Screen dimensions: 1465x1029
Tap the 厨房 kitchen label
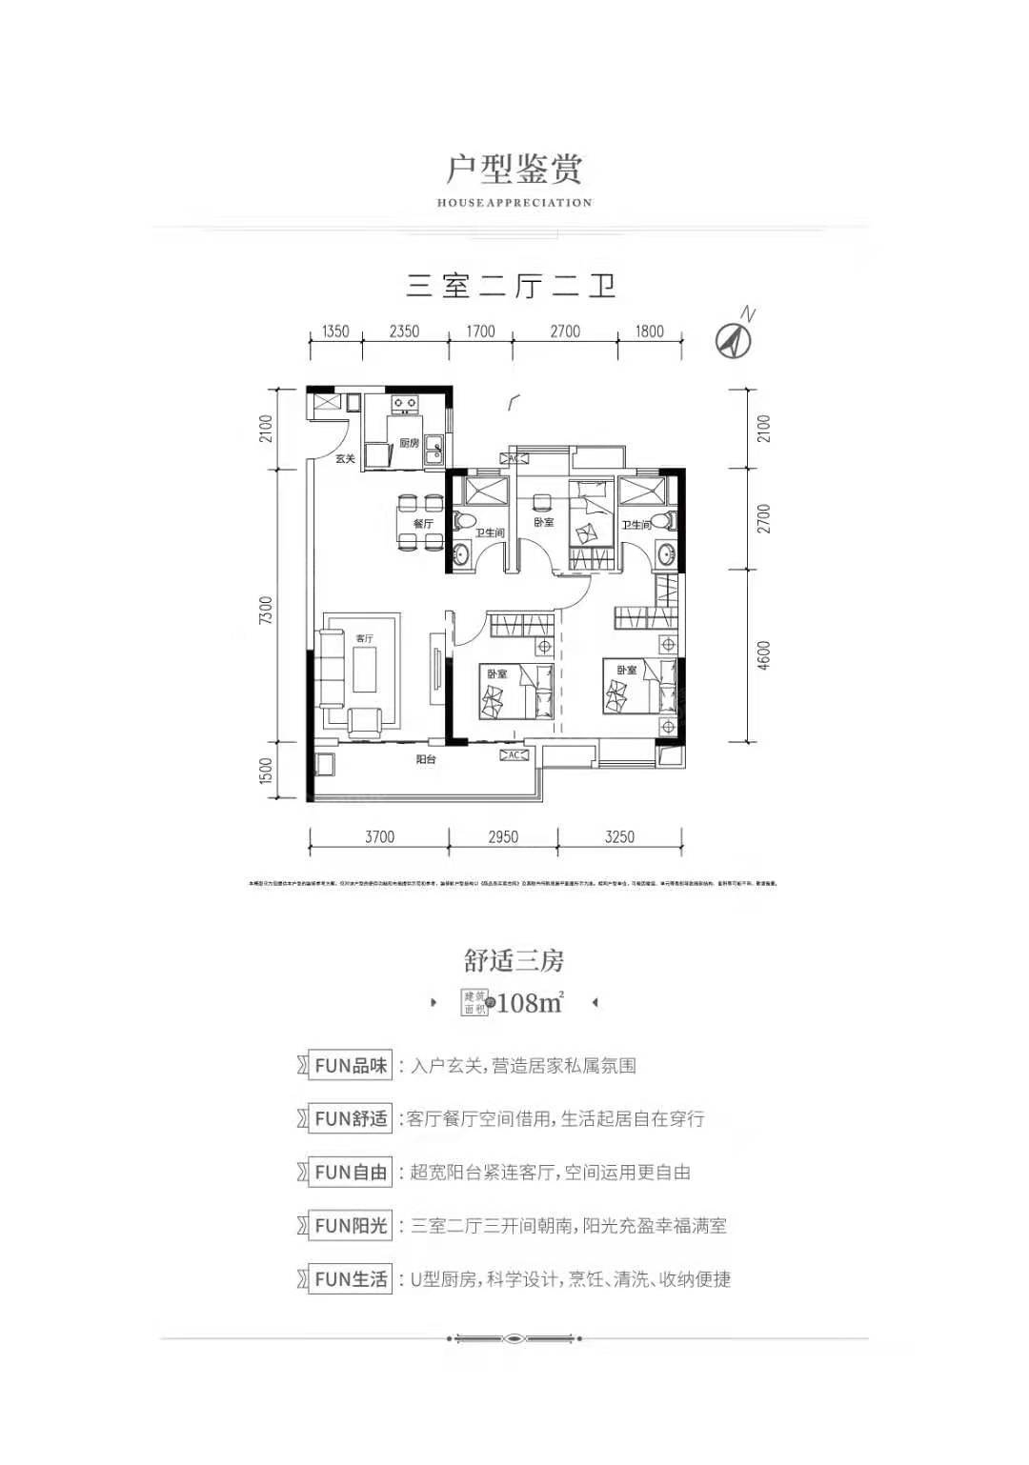click(x=409, y=443)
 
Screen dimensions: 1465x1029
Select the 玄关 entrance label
click(x=345, y=459)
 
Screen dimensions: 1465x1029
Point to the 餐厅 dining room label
click(x=423, y=524)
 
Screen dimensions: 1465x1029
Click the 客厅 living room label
click(x=364, y=638)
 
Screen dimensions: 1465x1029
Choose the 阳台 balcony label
click(x=426, y=760)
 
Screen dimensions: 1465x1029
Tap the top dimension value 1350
click(x=335, y=331)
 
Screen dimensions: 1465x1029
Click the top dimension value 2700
click(x=564, y=331)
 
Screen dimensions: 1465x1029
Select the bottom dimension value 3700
click(x=378, y=836)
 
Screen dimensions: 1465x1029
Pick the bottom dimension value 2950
click(x=503, y=836)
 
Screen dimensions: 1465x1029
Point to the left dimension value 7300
click(x=267, y=611)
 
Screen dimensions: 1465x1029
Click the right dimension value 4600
click(x=764, y=655)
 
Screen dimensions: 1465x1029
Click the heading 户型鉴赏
click(x=514, y=169)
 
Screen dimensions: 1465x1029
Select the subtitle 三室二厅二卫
click(x=513, y=286)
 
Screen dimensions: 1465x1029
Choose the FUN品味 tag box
click(x=351, y=1066)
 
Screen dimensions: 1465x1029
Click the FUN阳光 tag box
click(x=351, y=1226)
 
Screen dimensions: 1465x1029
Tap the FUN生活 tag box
click(x=351, y=1279)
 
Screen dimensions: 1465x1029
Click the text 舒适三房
click(x=514, y=961)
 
